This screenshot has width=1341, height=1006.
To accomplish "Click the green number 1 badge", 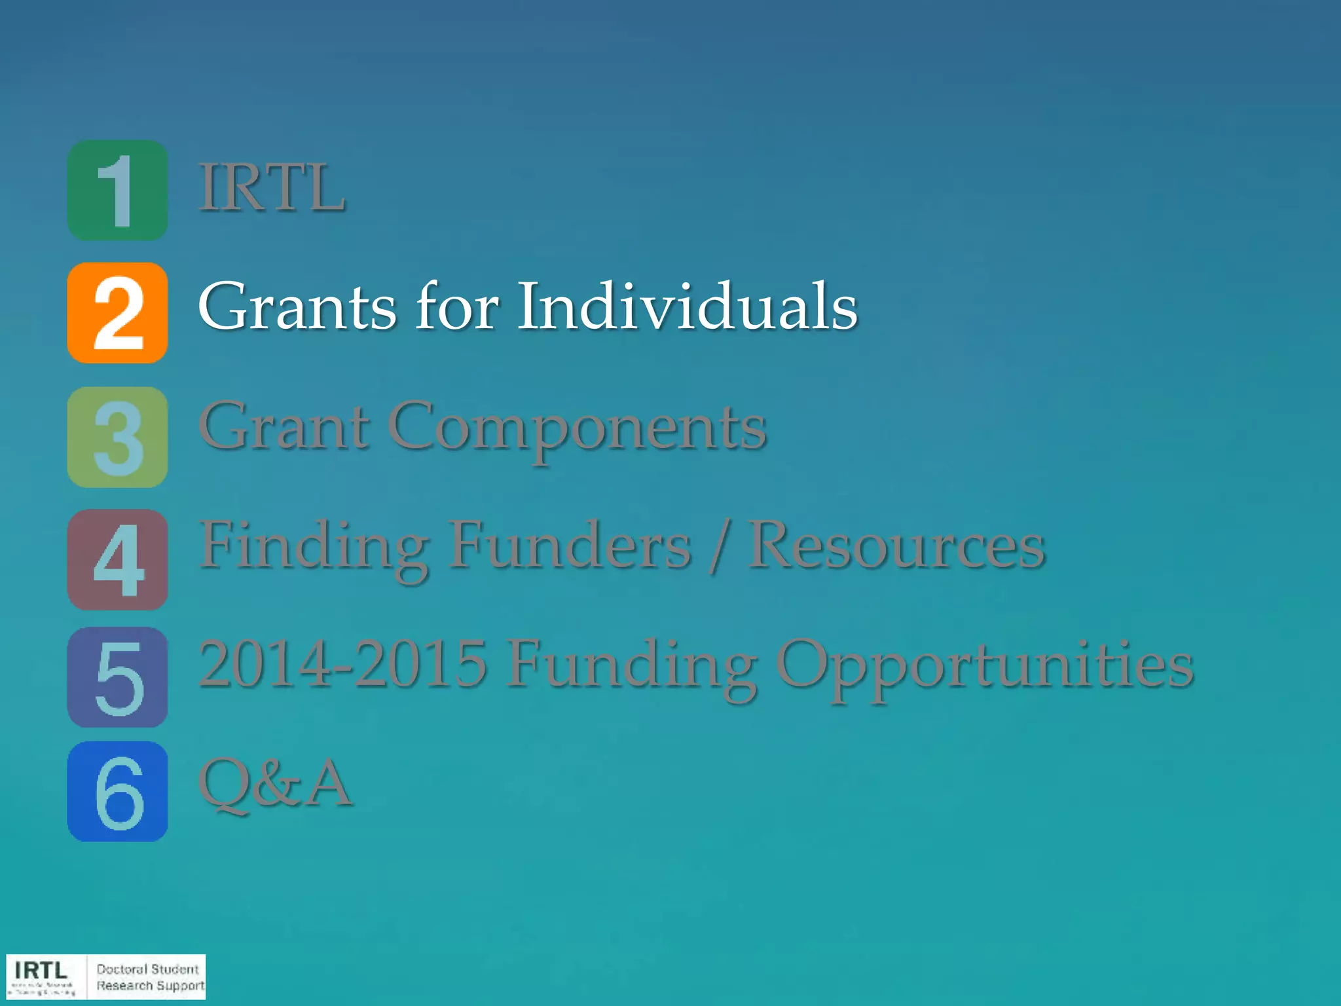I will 117,190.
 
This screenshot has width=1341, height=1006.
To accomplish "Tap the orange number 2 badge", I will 117,312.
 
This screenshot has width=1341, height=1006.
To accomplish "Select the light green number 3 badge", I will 117,437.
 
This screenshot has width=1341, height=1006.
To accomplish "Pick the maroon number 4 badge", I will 117,559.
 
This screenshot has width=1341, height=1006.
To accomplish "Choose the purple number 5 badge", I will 117,677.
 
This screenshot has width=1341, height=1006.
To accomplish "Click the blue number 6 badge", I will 117,791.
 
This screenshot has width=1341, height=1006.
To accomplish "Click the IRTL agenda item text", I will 272,189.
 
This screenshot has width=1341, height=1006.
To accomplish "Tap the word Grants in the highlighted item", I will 297,306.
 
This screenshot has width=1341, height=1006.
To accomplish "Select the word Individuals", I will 688,306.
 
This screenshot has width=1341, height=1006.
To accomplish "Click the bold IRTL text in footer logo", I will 41,970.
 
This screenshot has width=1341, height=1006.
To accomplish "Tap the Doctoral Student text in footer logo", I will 147,969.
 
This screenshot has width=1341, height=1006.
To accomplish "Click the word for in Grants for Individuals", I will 457,306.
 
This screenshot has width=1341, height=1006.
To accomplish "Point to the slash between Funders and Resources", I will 719,547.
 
